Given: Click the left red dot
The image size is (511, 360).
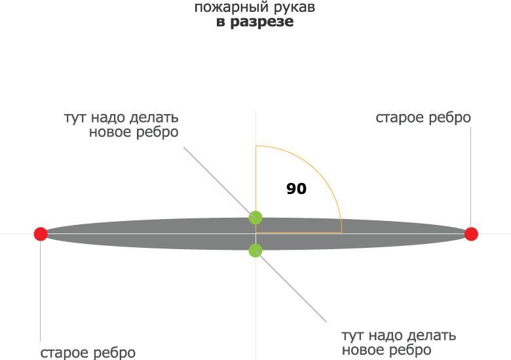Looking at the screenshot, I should pyautogui.click(x=41, y=234).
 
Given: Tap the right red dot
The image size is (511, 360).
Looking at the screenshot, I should pyautogui.click(x=471, y=234).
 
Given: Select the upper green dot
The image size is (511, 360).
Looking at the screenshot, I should pyautogui.click(x=255, y=218).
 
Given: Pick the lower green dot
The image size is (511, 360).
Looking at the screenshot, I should pyautogui.click(x=255, y=250).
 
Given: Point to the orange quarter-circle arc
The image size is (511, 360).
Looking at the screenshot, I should pyautogui.click(x=317, y=170).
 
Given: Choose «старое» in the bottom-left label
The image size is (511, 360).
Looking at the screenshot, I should pyautogui.click(x=64, y=353).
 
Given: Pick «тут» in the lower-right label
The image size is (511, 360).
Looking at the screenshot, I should pyautogui.click(x=352, y=336).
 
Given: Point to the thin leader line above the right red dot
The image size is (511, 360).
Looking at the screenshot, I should pyautogui.click(x=471, y=177).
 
